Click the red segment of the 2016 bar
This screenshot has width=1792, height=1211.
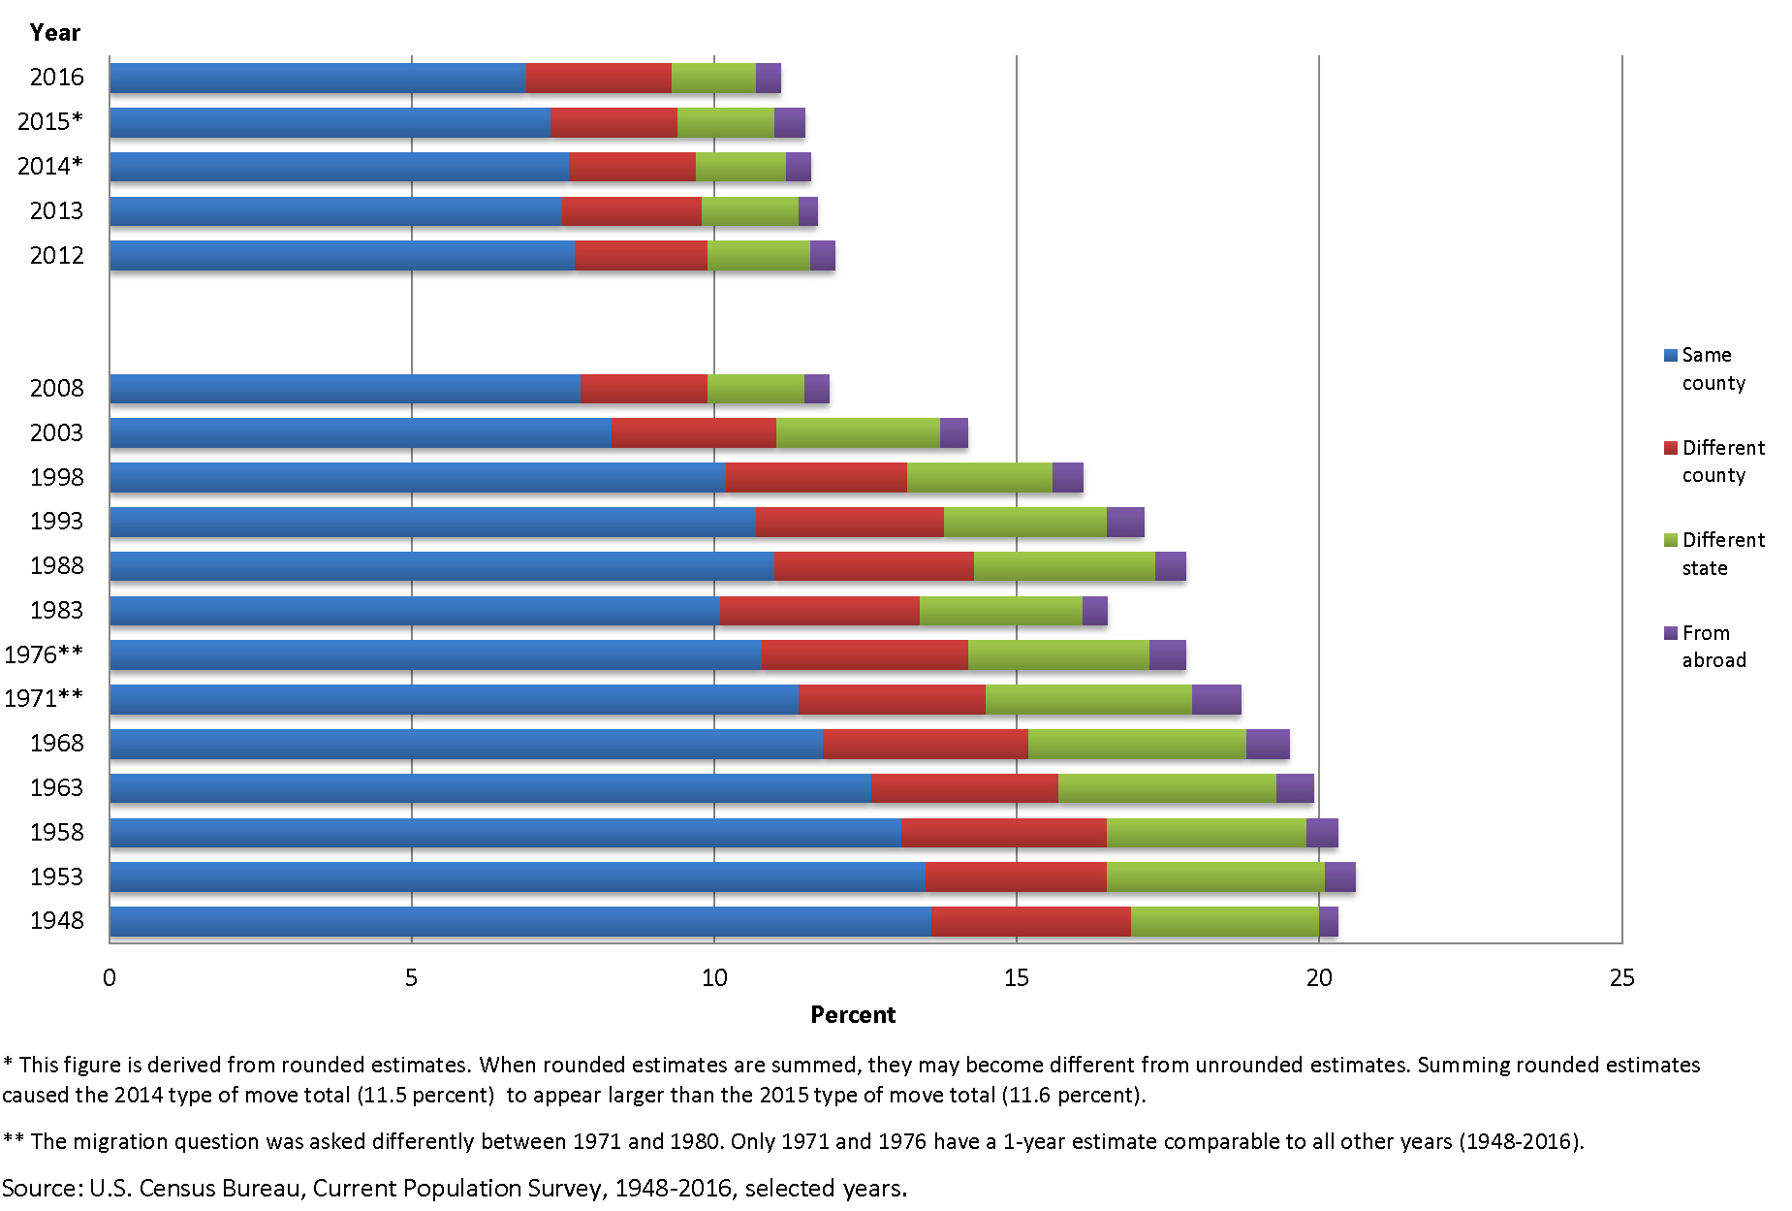coord(598,79)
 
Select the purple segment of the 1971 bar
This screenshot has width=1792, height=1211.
coord(1215,699)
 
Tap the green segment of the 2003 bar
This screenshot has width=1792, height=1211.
coord(857,432)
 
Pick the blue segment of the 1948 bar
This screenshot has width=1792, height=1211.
coord(519,921)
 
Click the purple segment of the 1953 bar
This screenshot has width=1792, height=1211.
coord(1339,876)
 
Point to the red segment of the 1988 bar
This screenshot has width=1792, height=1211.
coord(873,566)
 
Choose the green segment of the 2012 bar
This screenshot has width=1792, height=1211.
coord(758,256)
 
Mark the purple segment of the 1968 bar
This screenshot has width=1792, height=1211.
coord(1267,744)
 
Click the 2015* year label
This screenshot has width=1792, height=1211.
coord(50,122)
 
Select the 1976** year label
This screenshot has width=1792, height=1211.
coord(44,654)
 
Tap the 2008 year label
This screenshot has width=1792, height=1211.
coord(56,389)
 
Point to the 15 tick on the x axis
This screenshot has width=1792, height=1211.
coord(1016,977)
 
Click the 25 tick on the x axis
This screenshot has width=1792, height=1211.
coord(1620,977)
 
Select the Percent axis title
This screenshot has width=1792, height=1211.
coord(853,1015)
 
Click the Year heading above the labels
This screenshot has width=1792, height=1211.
coord(54,33)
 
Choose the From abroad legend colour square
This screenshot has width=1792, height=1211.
coord(1670,633)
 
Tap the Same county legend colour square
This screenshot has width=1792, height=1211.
coord(1670,356)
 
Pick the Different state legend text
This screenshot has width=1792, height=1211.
coord(1722,554)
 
